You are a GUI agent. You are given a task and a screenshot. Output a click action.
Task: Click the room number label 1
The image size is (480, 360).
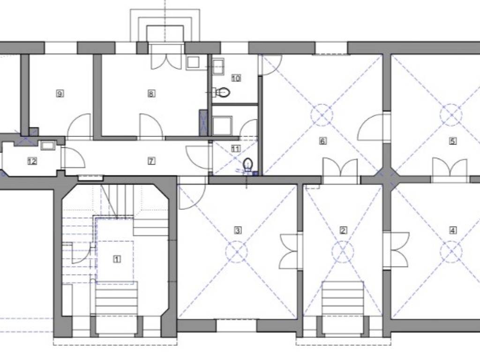[x=117, y=259]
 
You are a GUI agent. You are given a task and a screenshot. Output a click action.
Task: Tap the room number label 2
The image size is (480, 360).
[x=343, y=230]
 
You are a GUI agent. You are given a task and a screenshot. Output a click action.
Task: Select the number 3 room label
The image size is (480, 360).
[x=238, y=230]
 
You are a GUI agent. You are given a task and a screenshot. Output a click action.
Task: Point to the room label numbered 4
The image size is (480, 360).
[x=453, y=230]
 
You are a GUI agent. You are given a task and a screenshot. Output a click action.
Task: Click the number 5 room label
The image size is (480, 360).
[x=453, y=141]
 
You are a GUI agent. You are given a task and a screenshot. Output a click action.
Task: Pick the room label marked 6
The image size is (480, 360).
[x=322, y=141]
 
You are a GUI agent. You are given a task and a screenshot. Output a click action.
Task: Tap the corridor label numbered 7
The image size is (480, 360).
[x=151, y=161]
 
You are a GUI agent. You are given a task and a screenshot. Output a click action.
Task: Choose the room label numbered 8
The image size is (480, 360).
[x=151, y=93]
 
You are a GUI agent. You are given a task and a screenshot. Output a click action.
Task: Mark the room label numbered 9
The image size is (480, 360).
[x=60, y=93]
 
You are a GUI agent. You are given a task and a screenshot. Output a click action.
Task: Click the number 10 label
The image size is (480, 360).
[x=236, y=78]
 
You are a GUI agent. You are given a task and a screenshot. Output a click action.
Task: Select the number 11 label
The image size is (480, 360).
[x=236, y=149]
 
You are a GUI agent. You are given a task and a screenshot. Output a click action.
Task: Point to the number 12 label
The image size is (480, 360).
[x=32, y=161]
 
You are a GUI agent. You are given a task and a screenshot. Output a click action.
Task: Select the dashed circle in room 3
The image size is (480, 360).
[x=236, y=252]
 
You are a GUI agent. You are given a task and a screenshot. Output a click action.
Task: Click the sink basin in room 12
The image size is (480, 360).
[x=47, y=145]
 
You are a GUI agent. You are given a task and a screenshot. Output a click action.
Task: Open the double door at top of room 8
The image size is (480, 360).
[x=165, y=62]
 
